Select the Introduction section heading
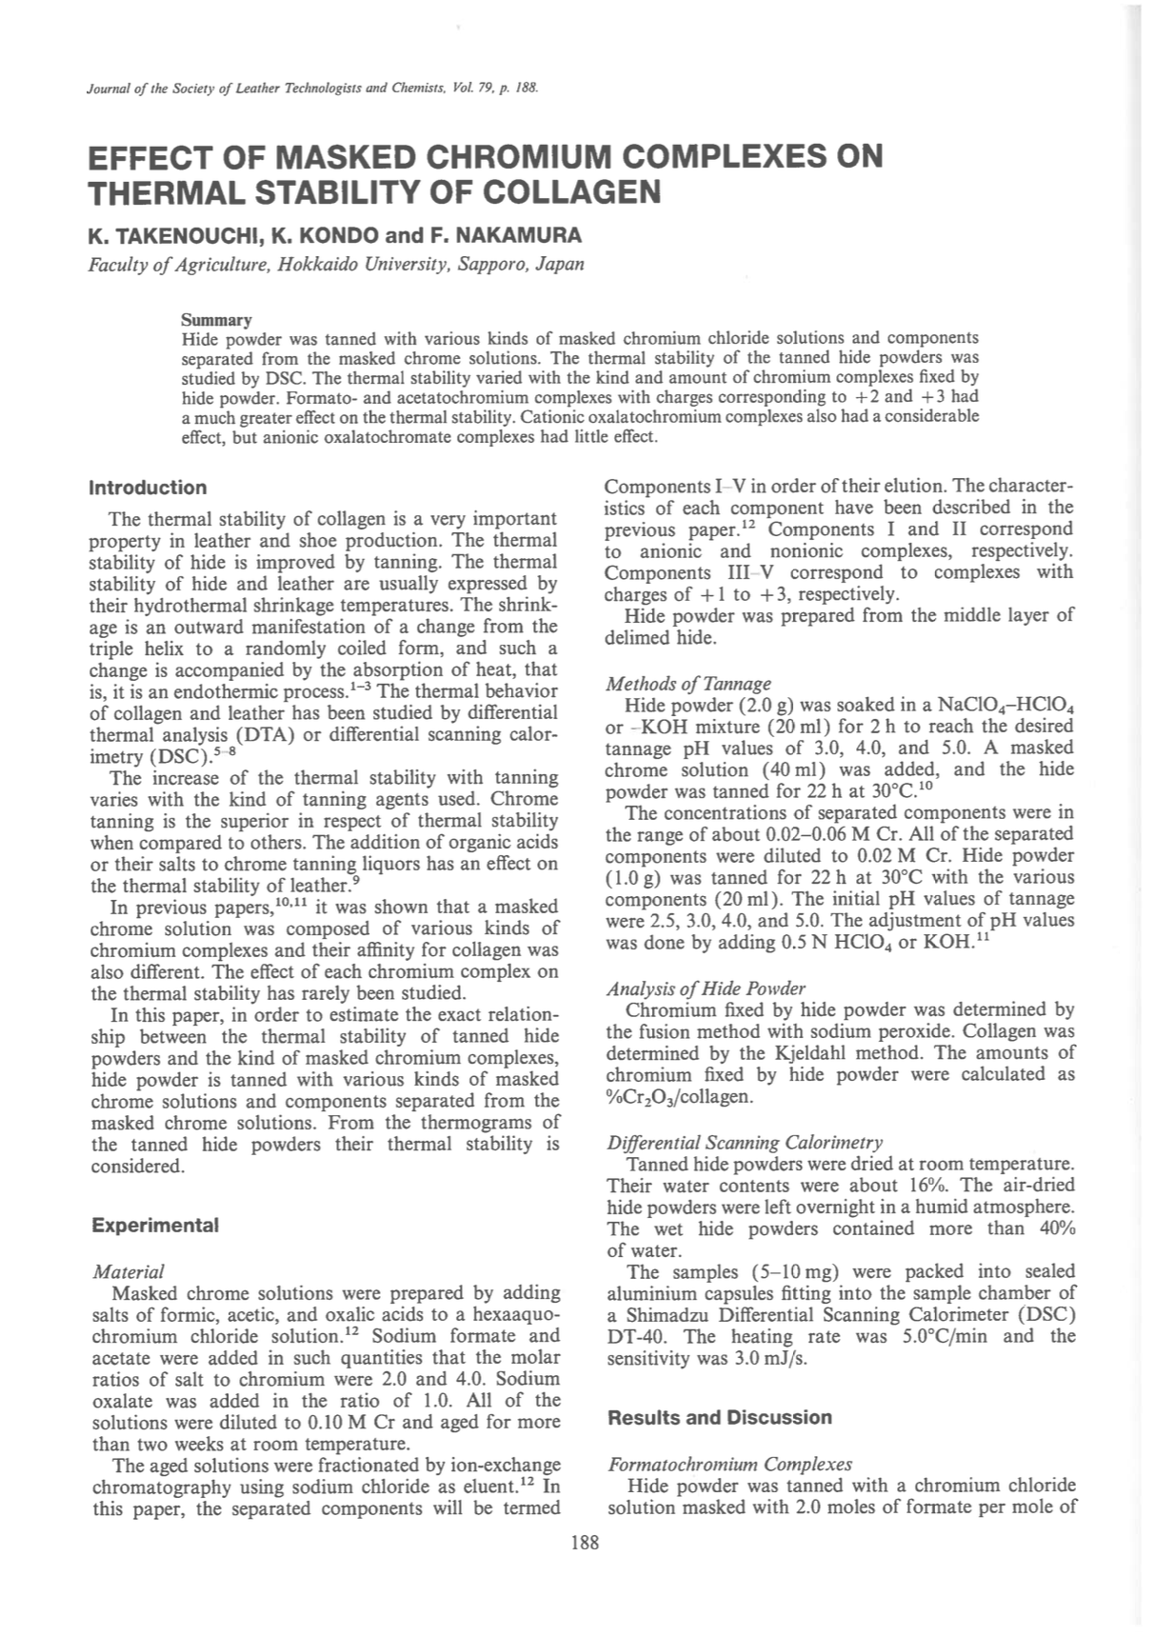[x=148, y=488]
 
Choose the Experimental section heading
[x=155, y=1225]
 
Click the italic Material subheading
[x=128, y=1271]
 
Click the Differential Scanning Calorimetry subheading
[x=745, y=1142]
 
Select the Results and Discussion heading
[x=719, y=1417]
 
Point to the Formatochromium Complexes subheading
[x=729, y=1464]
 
